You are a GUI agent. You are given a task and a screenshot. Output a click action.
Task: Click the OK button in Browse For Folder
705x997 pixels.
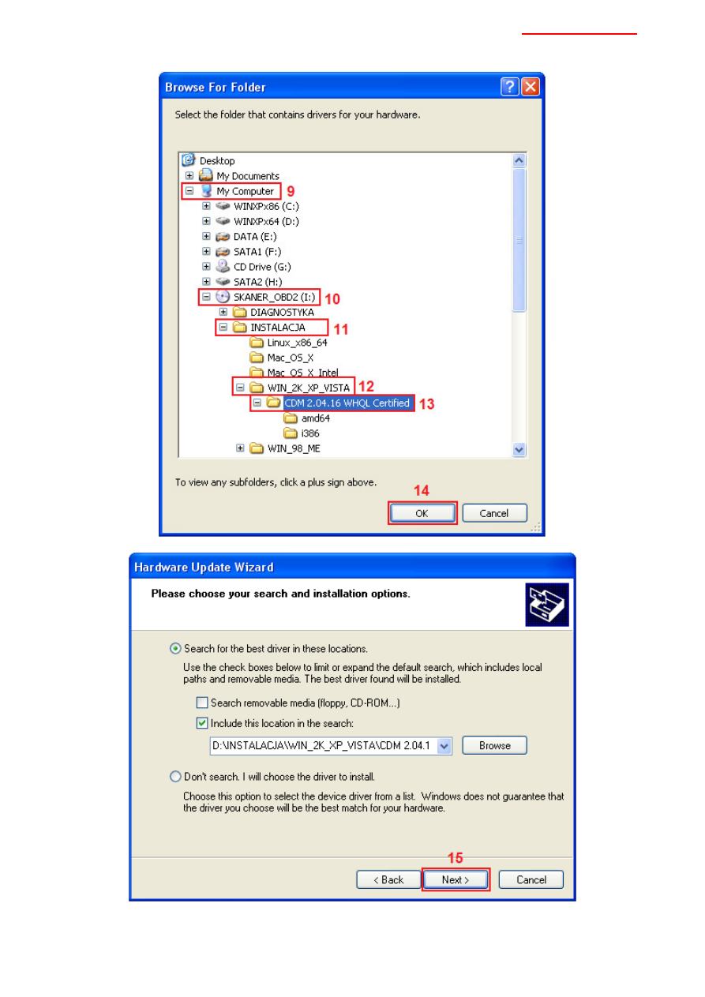422,513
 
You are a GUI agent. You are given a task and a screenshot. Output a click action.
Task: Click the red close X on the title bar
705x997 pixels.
531,87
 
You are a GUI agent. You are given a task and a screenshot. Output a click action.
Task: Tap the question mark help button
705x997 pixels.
510,87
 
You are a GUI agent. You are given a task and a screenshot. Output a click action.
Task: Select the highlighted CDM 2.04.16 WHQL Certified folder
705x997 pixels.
347,403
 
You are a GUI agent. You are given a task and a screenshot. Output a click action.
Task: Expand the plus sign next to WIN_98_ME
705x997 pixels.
240,448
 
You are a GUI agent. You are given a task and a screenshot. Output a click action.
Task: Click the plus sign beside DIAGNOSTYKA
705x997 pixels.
223,312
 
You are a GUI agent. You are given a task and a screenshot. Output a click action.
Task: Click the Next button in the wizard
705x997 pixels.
456,879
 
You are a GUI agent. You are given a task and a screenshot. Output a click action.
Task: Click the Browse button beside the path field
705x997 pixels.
494,745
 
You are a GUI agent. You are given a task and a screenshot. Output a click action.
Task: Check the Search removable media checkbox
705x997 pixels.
202,703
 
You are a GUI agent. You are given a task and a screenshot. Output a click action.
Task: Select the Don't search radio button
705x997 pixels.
175,777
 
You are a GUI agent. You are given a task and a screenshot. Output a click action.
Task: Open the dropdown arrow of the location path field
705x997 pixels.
444,746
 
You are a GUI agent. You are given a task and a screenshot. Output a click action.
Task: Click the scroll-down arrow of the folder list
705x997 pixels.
519,449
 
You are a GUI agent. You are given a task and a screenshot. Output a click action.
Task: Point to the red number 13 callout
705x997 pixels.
426,404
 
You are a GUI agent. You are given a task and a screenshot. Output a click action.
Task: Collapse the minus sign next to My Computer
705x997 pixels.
189,191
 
